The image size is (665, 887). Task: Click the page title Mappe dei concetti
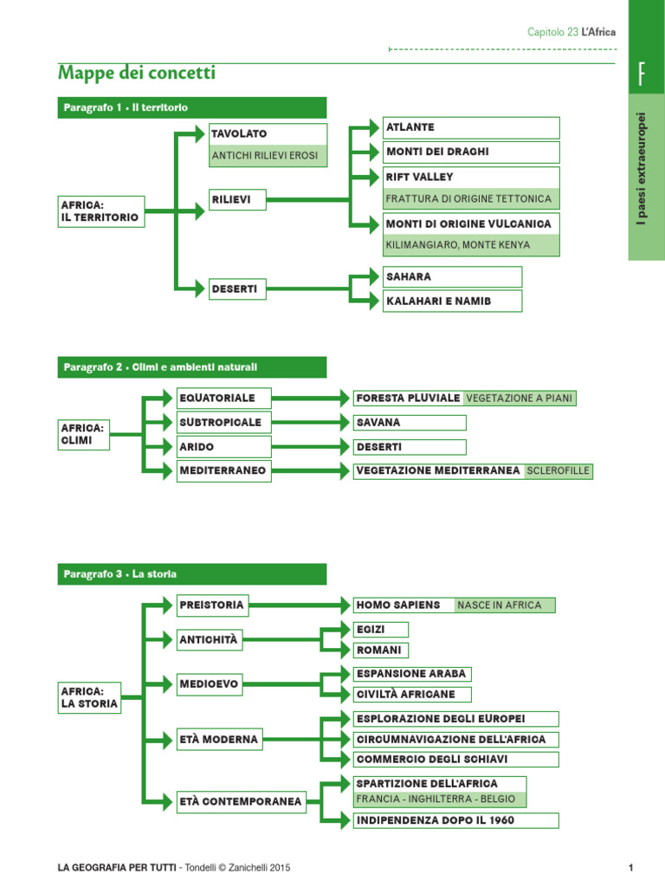(x=136, y=74)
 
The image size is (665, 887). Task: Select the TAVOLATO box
(x=268, y=134)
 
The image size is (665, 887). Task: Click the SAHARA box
(x=452, y=277)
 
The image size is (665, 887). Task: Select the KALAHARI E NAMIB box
(x=452, y=301)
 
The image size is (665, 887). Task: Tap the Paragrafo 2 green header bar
(x=191, y=367)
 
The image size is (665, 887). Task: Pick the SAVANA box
(x=409, y=423)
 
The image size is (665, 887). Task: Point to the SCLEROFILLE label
(x=558, y=471)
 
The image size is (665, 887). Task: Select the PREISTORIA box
(x=211, y=605)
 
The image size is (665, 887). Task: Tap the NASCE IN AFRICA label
(x=504, y=605)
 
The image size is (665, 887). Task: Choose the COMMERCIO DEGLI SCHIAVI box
(x=455, y=760)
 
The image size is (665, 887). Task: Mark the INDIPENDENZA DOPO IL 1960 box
(x=455, y=820)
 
